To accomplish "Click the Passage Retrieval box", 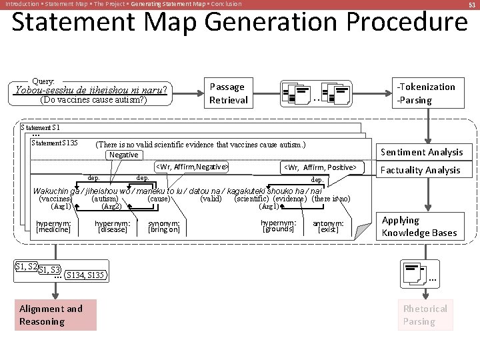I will coord(228,93).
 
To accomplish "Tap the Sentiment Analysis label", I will coord(421,152).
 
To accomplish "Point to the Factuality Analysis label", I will coord(420,170).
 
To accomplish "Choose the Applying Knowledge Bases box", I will coord(419,226).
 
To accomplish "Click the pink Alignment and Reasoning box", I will coord(57,315).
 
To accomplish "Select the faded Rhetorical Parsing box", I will coord(425,315).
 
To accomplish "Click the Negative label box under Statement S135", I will coord(123,155).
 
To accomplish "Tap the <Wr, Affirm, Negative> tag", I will coord(192,167).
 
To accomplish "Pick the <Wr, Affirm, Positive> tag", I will coord(320,167).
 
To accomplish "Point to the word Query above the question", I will coord(43,80).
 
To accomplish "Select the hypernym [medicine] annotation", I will coord(53,227).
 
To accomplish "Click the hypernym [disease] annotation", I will coord(112,227).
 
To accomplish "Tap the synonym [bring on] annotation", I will coord(164,227).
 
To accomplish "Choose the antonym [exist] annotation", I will coord(328,227).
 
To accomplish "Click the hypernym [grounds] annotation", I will coord(278,226).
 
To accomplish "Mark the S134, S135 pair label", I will coord(85,275).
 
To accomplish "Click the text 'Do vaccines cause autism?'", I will coord(93,101).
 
